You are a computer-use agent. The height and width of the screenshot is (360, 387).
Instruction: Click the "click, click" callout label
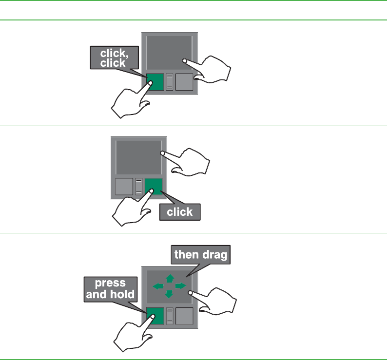(113, 57)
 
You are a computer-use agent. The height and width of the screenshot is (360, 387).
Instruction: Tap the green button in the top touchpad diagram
(155, 82)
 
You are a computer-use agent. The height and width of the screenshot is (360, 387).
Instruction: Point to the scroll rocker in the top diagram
(170, 82)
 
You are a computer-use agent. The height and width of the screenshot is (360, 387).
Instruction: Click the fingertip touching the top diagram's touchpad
(185, 61)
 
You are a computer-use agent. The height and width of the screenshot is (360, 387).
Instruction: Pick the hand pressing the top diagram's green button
(128, 103)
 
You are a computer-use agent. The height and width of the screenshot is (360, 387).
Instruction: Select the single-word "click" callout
(180, 212)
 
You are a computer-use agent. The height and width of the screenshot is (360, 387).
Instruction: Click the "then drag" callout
(201, 255)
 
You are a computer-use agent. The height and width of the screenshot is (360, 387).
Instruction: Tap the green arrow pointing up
(170, 278)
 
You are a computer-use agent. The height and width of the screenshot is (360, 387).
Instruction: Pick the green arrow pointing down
(169, 294)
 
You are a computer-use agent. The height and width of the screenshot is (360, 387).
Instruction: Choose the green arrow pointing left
(158, 286)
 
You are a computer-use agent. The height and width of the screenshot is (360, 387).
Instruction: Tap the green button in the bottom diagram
(155, 316)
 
